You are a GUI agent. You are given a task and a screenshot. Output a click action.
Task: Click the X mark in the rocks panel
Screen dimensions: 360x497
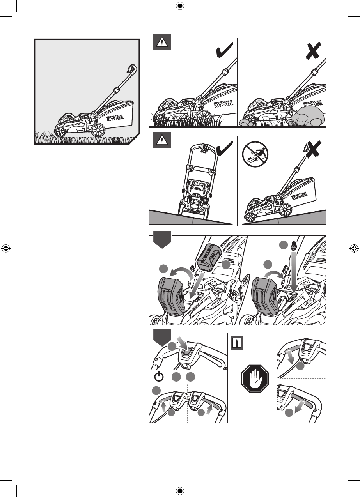coord(313,51)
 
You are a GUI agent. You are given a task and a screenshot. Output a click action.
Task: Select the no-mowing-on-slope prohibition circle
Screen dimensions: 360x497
coord(255,155)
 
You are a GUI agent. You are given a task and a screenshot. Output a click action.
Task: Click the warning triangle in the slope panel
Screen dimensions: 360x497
coord(162,140)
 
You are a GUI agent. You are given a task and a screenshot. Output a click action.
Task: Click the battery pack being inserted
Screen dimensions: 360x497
coord(209,257)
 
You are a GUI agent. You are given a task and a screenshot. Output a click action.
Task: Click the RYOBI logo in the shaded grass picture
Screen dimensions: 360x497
coord(115,118)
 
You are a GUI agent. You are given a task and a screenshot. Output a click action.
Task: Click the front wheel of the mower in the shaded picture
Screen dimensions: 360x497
coord(60,132)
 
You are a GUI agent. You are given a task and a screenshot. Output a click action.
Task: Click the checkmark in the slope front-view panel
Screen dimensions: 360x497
coord(224,149)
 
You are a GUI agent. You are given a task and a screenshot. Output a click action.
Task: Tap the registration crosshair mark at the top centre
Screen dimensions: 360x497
coord(180,6)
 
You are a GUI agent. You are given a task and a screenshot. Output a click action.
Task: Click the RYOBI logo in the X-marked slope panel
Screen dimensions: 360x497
coord(299,196)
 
